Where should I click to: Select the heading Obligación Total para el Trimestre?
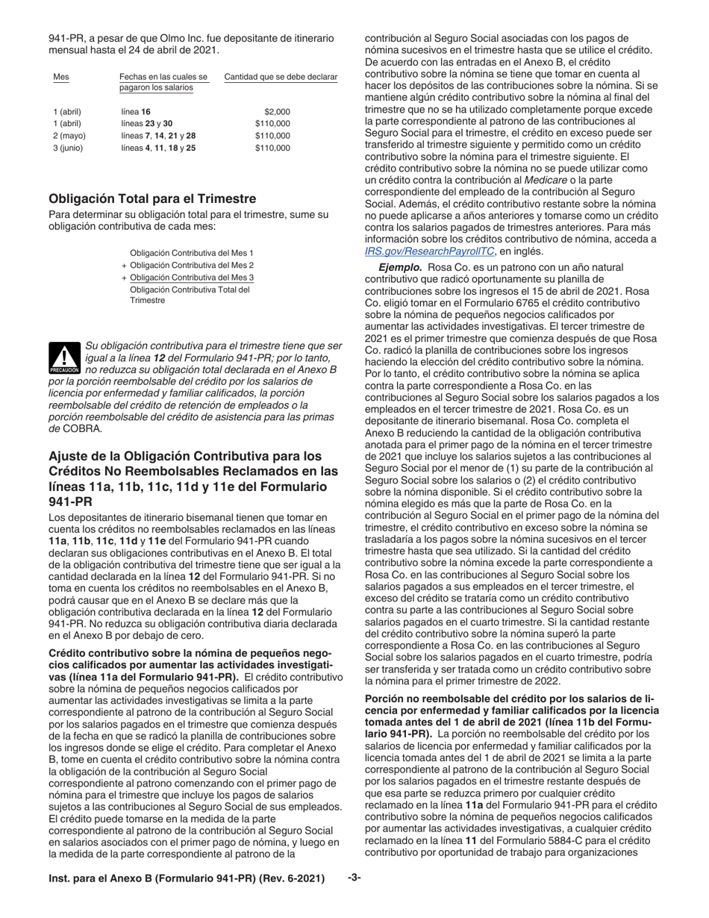pyautogui.click(x=152, y=199)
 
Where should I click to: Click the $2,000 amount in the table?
pyautogui.click(x=277, y=111)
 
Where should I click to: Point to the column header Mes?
pyautogui.click(x=60, y=77)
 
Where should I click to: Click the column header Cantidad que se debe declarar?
pyautogui.click(x=281, y=77)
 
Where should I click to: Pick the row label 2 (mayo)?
pyautogui.click(x=69, y=136)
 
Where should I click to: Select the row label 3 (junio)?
pyautogui.click(x=69, y=148)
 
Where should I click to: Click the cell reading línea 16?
pyautogui.click(x=135, y=111)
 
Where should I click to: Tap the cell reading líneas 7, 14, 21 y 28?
pyautogui.click(x=157, y=136)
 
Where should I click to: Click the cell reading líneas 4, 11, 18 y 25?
pyautogui.click(x=157, y=148)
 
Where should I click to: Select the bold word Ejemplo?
pyautogui.click(x=400, y=266)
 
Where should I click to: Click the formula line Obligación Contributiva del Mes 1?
pyautogui.click(x=192, y=253)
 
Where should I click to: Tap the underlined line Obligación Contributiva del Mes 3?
pyautogui.click(x=192, y=277)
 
